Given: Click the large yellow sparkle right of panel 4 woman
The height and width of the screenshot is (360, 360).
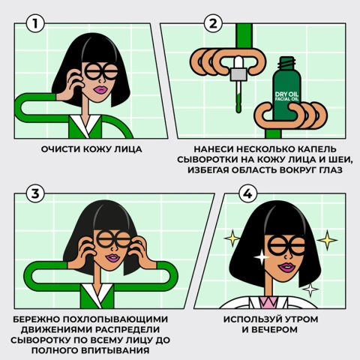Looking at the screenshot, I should tap(327, 240).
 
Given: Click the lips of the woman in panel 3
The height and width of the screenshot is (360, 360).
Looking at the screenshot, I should tap(112, 259).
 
